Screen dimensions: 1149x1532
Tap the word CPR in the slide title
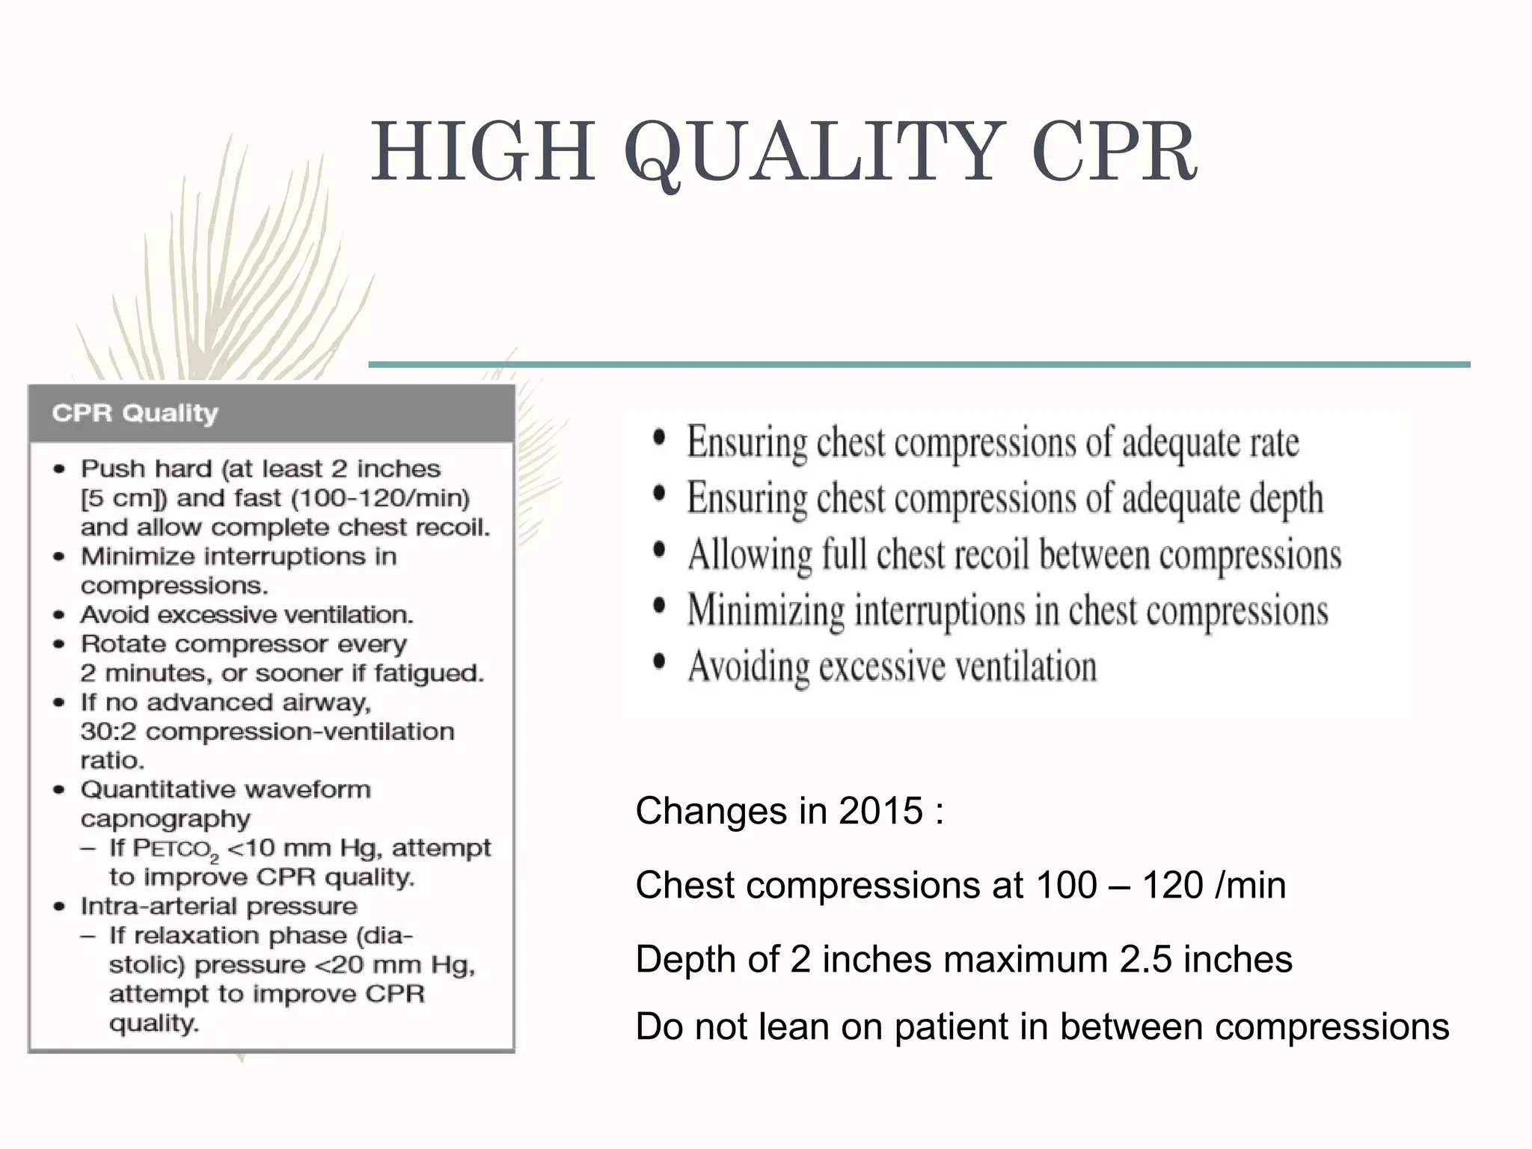pyautogui.click(x=1115, y=153)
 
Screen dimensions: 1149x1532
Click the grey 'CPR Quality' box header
pyautogui.click(x=272, y=413)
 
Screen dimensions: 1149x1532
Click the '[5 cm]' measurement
pyautogui.click(x=125, y=498)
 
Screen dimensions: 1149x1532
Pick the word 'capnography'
pyautogui.click(x=165, y=819)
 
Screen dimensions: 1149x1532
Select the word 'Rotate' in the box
pyautogui.click(x=120, y=644)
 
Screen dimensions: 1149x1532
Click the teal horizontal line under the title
pyautogui.click(x=919, y=364)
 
